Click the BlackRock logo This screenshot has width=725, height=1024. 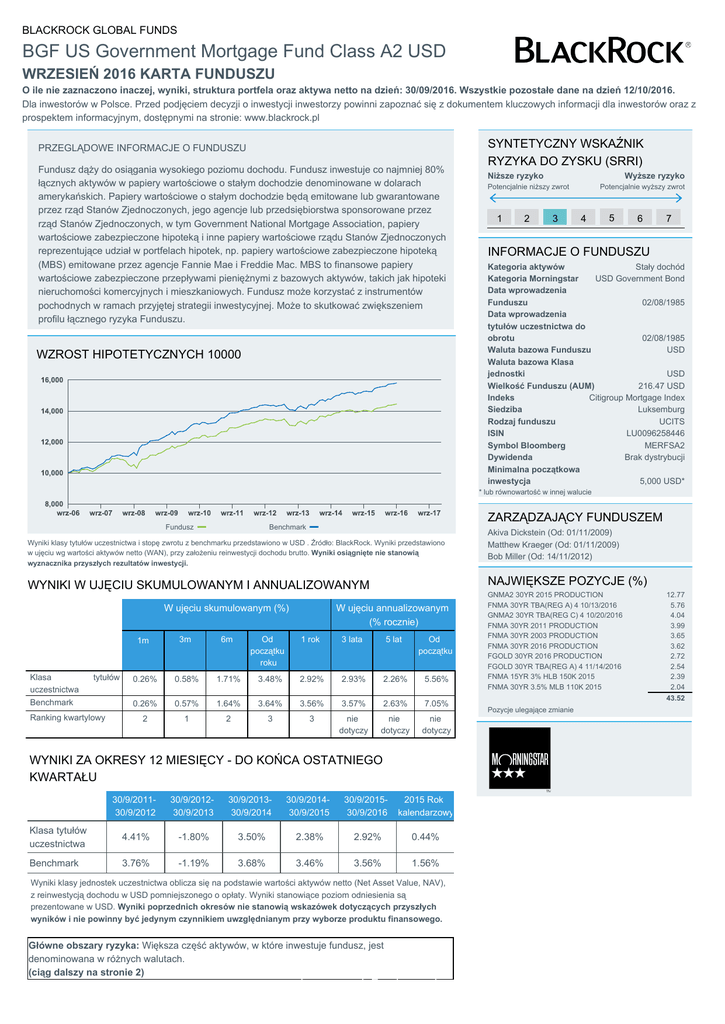tap(601, 50)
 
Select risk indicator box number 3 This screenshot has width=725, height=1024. tap(554, 218)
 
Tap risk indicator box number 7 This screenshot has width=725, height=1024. tap(668, 218)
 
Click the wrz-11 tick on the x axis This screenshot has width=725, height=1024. tap(232, 513)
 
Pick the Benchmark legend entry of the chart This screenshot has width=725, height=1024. tap(293, 526)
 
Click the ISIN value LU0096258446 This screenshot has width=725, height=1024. tap(655, 433)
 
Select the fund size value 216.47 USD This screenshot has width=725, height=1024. tap(661, 385)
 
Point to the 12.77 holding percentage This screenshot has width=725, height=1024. tap(675, 595)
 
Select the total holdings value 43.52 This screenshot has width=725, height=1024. tap(675, 698)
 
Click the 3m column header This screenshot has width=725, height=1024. tap(185, 640)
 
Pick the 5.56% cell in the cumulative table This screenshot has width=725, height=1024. tap(435, 680)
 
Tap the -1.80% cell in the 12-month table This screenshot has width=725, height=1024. tap(193, 837)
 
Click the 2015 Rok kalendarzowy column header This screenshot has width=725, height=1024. tap(426, 806)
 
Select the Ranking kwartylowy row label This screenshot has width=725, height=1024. tap(67, 717)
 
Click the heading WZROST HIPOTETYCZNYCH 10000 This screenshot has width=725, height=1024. tap(138, 355)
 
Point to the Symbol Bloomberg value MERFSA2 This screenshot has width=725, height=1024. tap(664, 445)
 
